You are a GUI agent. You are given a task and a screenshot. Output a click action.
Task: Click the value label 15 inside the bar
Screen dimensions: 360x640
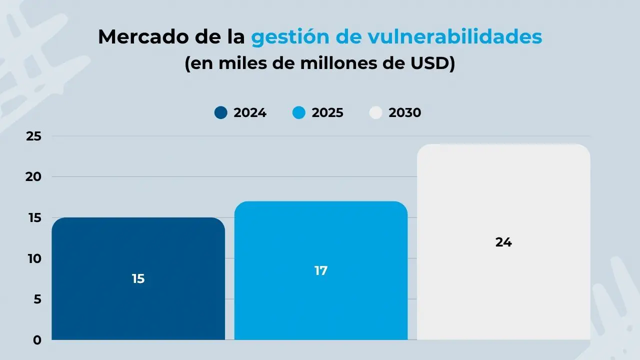tap(138, 279)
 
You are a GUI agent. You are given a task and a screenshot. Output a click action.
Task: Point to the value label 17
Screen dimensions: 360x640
tap(320, 270)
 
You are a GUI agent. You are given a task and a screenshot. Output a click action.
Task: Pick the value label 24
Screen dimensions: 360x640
tap(503, 242)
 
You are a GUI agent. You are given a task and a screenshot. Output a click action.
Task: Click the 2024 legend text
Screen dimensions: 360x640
tap(250, 112)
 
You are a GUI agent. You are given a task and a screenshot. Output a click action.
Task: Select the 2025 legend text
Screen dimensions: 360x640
tap(327, 112)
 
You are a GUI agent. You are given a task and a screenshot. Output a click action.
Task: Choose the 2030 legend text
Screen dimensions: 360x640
tap(405, 112)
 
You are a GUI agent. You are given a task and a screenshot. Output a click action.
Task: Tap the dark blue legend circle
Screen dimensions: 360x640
tap(221, 112)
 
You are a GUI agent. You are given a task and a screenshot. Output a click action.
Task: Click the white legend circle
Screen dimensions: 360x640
tap(375, 112)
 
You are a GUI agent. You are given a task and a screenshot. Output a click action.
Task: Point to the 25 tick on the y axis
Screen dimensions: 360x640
tap(33, 136)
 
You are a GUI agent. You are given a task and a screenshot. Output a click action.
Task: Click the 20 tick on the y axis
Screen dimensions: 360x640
tap(33, 177)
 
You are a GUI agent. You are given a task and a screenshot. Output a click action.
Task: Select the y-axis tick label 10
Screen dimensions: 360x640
tap(33, 258)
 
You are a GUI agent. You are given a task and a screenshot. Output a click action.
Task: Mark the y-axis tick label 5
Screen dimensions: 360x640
tap(37, 299)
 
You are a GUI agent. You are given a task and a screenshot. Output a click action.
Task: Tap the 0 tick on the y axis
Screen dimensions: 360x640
tap(37, 340)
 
